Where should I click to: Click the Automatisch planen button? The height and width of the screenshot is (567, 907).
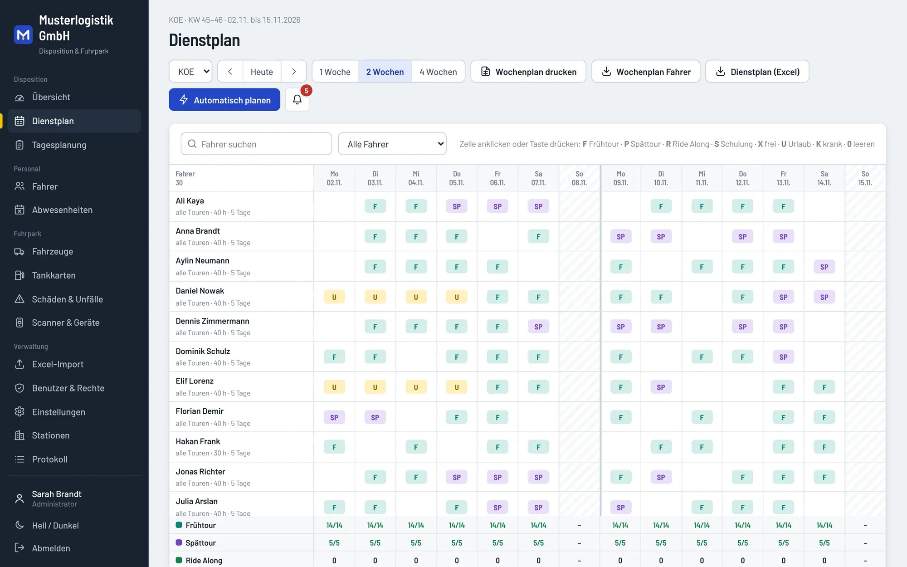[x=224, y=100]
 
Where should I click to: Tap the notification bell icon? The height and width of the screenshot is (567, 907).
[x=297, y=100]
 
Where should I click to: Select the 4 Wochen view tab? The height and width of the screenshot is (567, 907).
[x=438, y=72]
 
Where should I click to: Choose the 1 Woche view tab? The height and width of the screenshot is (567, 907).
[x=335, y=72]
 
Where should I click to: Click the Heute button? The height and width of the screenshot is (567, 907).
[x=262, y=72]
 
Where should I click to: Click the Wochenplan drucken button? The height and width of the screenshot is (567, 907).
[x=528, y=72]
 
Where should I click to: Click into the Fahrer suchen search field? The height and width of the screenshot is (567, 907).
[x=256, y=144]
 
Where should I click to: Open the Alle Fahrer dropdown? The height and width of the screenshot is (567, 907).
[x=392, y=144]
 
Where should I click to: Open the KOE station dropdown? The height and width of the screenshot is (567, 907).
[x=190, y=72]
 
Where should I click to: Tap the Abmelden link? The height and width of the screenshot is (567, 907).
[x=51, y=548]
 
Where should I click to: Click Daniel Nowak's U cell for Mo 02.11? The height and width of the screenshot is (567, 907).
[x=334, y=297]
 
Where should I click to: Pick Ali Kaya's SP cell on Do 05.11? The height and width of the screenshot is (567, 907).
[x=457, y=206]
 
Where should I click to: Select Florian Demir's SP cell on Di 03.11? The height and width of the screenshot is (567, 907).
[x=375, y=417]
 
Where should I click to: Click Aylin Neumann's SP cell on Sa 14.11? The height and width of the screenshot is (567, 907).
[x=824, y=267]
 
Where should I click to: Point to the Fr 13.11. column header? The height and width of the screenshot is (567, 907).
[x=784, y=178]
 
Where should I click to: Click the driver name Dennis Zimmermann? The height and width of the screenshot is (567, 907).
[x=212, y=321]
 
